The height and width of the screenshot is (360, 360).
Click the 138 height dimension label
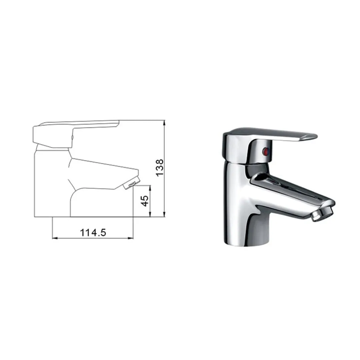click(160, 168)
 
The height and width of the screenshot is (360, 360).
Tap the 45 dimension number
click(145, 201)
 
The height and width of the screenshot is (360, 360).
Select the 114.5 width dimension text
click(93, 233)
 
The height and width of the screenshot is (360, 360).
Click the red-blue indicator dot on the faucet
click(266, 151)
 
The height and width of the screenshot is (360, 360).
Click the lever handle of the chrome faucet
click(273, 134)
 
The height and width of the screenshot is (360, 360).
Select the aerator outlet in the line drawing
click(132, 183)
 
